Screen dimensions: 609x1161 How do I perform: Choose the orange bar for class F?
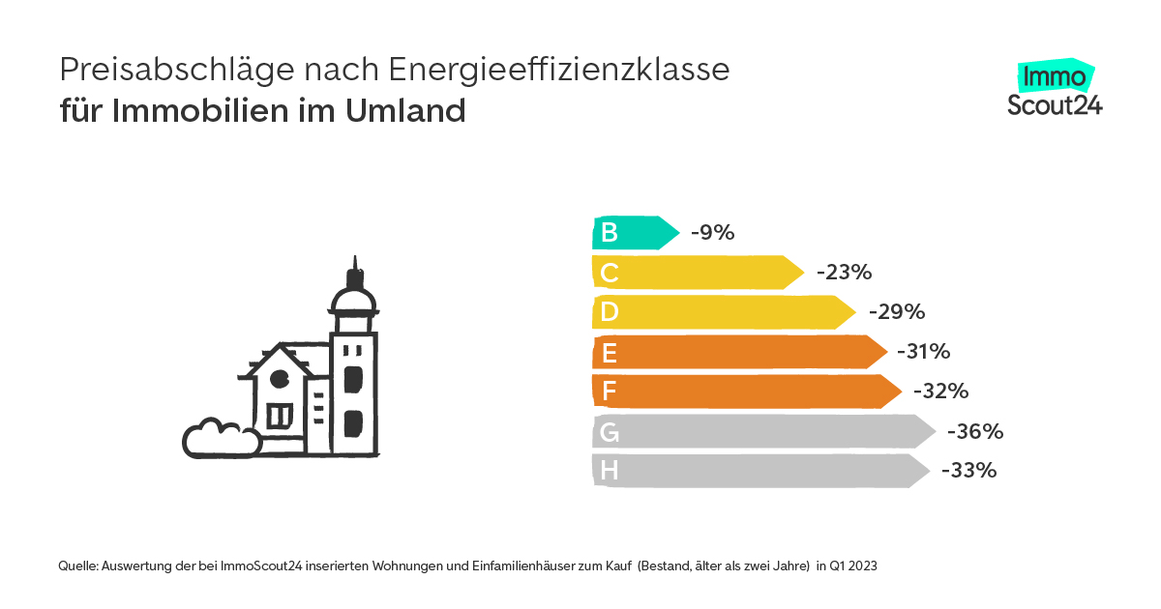pos(746,391)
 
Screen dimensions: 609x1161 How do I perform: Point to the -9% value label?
pos(713,233)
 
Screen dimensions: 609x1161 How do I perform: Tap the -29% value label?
pos(897,312)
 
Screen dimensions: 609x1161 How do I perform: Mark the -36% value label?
pos(974,431)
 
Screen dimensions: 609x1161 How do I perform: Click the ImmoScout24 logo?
pos(1055,90)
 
